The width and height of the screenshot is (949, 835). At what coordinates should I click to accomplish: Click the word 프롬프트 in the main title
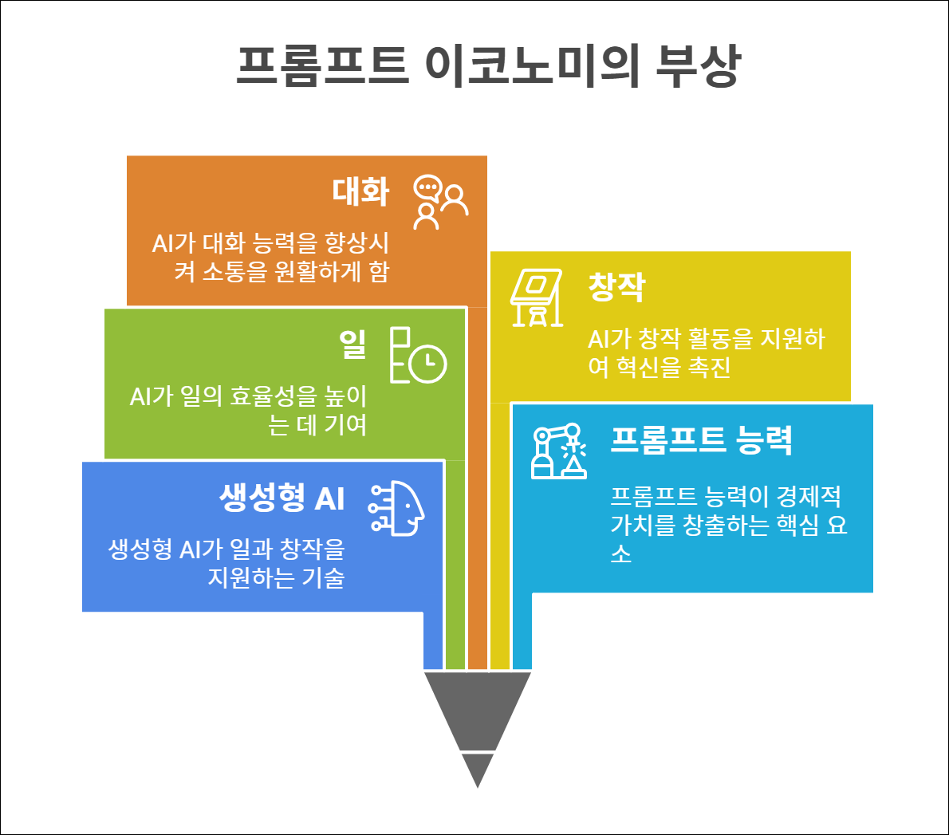[x=323, y=65]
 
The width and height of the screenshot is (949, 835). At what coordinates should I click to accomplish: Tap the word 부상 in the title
[x=698, y=65]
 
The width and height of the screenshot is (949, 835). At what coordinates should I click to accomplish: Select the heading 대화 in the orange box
[x=360, y=192]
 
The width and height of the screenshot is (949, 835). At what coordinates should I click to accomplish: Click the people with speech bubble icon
[x=440, y=202]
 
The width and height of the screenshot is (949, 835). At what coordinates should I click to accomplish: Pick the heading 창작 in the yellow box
[x=616, y=287]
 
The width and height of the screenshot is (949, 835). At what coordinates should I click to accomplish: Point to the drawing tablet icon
[x=537, y=297]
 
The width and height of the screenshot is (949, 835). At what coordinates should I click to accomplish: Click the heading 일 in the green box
[x=352, y=344]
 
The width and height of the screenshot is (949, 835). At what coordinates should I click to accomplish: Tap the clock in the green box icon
[x=428, y=364]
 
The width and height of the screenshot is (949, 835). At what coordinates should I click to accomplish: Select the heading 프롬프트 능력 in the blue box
[x=701, y=439]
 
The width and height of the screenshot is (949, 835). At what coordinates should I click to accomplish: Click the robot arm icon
[x=559, y=451]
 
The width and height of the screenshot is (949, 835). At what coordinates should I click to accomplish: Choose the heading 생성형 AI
[x=282, y=498]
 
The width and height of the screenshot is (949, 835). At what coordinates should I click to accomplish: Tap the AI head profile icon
[x=396, y=508]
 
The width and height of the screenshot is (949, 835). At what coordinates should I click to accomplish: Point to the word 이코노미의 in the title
[x=532, y=65]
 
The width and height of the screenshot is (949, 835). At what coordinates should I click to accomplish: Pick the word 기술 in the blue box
[x=323, y=577]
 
